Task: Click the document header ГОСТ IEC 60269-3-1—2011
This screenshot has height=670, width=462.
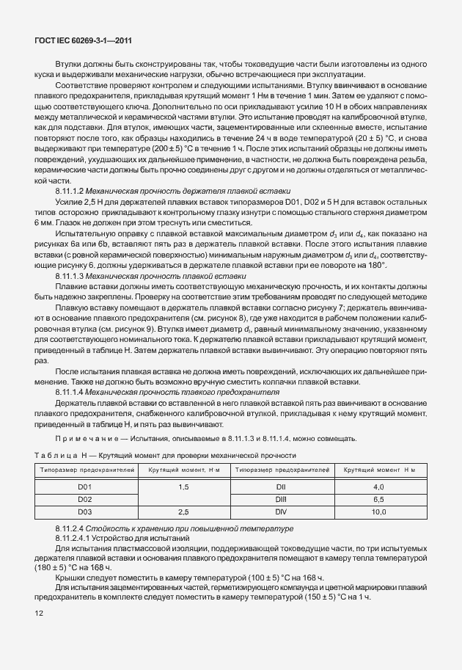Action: (78, 41)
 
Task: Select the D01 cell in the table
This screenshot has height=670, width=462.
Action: (84, 487)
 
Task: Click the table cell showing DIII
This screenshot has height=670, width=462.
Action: (279, 498)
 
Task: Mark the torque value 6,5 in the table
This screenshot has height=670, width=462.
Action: (378, 498)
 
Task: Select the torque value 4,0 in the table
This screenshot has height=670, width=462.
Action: (378, 487)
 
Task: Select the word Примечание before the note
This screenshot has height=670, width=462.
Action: (83, 440)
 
